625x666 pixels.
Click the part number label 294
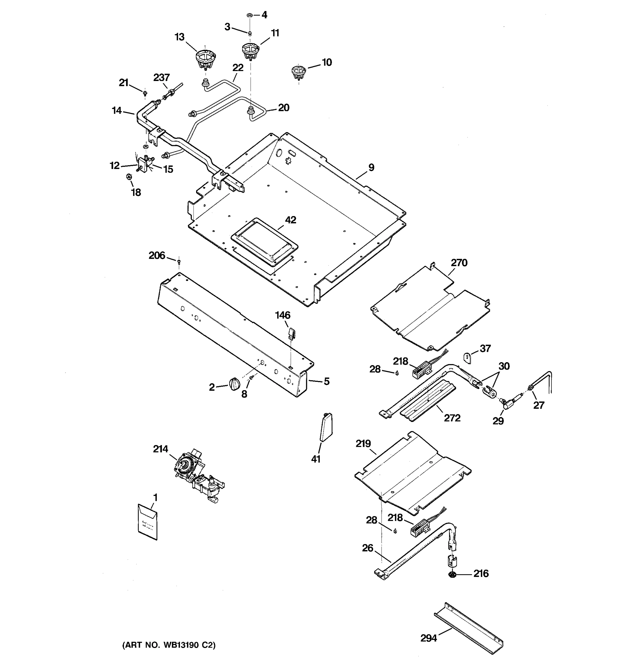429,639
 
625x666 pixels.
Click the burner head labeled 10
297,72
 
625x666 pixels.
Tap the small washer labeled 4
249,15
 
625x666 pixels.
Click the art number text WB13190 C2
169,645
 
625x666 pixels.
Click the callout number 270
459,263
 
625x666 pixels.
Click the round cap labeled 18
129,176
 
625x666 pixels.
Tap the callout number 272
452,418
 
